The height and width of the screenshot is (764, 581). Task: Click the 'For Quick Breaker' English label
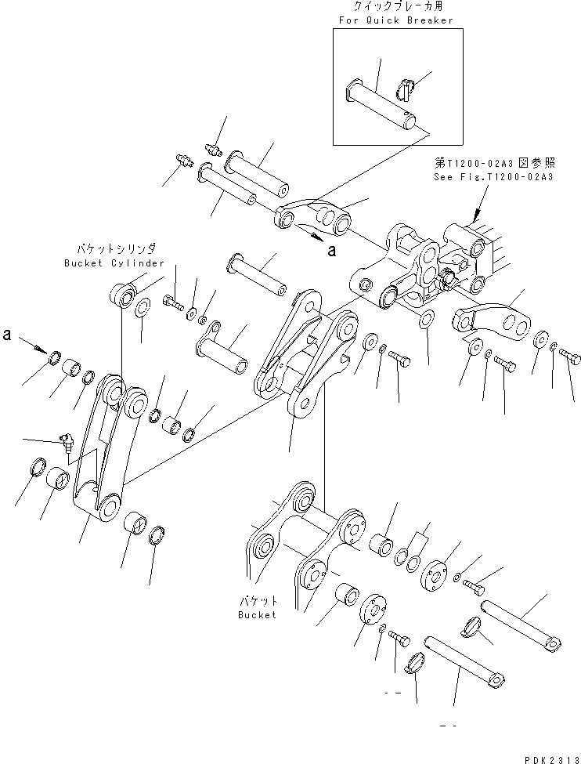395,20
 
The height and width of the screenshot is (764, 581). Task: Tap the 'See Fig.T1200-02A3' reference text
493,177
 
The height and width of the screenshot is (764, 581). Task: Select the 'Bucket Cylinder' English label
114,263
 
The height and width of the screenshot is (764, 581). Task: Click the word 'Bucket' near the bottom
258,614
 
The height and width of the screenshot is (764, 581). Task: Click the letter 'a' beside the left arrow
8,335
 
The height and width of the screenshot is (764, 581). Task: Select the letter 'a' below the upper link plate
332,251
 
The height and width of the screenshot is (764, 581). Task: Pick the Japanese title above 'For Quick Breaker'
395,7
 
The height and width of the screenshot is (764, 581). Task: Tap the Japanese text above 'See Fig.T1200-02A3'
493,164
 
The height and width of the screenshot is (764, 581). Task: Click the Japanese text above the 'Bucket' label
258,601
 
